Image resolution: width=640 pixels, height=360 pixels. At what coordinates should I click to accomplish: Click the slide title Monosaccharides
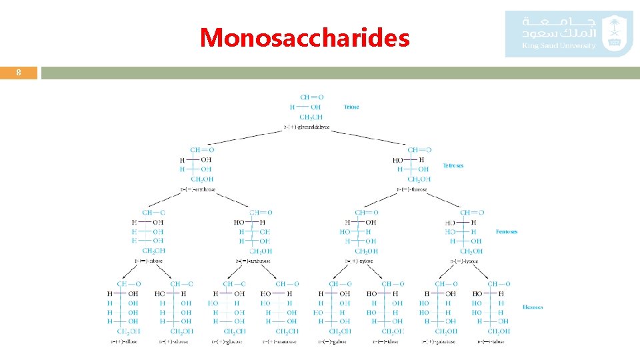click(x=305, y=37)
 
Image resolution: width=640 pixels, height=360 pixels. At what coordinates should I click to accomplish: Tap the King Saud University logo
click(x=568, y=33)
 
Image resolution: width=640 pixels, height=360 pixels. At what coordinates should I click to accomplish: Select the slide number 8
click(x=19, y=73)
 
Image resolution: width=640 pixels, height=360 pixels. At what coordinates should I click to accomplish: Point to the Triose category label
click(x=351, y=107)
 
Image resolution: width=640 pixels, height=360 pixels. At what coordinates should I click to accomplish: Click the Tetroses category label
click(x=453, y=165)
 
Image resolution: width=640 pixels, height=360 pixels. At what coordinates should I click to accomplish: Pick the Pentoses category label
click(x=507, y=232)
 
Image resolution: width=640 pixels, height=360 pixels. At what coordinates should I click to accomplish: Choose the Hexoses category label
click(x=533, y=307)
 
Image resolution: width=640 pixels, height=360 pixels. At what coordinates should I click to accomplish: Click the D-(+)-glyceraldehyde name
click(x=307, y=127)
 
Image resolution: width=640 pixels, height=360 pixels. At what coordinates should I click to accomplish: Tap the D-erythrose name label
click(x=198, y=189)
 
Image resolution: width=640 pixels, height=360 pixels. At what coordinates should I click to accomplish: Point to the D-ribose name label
click(x=149, y=261)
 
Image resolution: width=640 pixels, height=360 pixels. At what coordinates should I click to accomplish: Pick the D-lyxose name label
click(x=467, y=261)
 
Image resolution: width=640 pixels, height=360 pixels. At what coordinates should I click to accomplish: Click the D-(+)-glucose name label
click(x=228, y=342)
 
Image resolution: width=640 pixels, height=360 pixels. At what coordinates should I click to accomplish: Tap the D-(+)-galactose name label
click(x=439, y=342)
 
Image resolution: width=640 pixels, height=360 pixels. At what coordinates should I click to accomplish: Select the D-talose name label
click(x=491, y=342)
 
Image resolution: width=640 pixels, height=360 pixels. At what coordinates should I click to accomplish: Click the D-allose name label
click(x=125, y=342)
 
